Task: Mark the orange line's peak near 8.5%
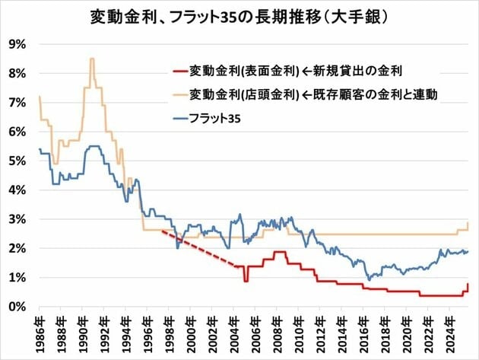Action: pos(92,59)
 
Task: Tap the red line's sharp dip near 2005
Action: pos(246,281)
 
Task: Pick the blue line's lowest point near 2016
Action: pos(369,279)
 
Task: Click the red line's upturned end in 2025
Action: pos(468,285)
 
